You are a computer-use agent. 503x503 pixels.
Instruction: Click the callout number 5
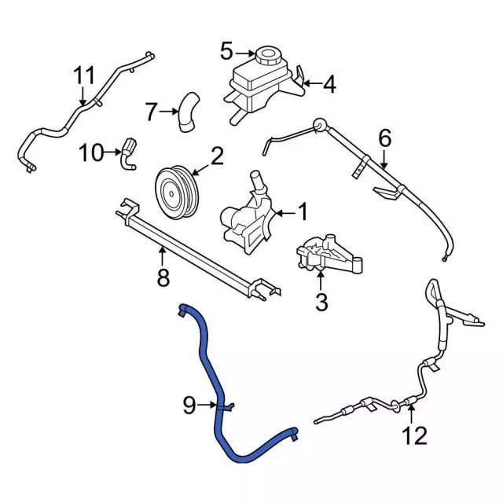click(226, 51)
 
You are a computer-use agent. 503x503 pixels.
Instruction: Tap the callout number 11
click(84, 75)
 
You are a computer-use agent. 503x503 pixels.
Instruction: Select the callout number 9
click(189, 406)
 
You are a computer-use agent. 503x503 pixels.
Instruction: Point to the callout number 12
click(415, 435)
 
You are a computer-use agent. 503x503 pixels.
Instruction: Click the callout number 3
click(321, 302)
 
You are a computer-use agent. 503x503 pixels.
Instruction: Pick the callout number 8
click(163, 277)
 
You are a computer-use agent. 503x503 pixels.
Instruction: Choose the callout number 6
click(385, 138)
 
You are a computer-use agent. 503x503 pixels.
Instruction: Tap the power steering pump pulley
click(177, 193)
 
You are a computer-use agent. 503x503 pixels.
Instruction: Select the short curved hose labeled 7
click(189, 112)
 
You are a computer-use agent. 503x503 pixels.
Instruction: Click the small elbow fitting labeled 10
click(129, 153)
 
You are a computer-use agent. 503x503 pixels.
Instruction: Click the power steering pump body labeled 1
click(248, 215)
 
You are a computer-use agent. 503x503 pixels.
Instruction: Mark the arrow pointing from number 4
click(312, 84)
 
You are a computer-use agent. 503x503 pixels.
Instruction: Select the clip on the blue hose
click(226, 407)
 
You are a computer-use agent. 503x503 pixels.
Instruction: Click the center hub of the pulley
click(171, 193)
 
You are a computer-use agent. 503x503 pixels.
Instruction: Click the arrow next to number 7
click(169, 112)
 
